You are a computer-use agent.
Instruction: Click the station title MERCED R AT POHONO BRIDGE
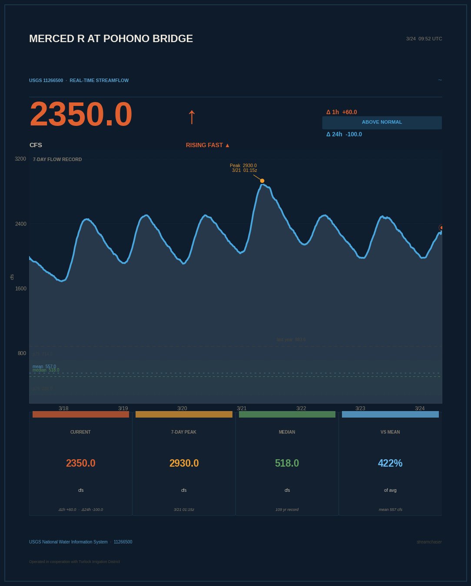pyautogui.click(x=111, y=39)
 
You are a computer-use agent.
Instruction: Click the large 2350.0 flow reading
pyautogui.click(x=81, y=114)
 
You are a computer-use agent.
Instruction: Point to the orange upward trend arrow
pyautogui.click(x=192, y=116)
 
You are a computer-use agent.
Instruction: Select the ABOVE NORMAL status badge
pyautogui.click(x=382, y=122)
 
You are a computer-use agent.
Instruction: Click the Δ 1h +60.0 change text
pyautogui.click(x=342, y=112)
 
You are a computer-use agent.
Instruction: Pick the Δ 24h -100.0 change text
pyautogui.click(x=344, y=134)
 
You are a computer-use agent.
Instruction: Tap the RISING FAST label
pyautogui.click(x=208, y=145)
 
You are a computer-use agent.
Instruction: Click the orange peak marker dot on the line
pyautogui.click(x=262, y=181)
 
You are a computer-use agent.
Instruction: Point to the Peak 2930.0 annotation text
pyautogui.click(x=243, y=166)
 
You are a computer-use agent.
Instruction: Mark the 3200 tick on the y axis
pyautogui.click(x=20, y=159)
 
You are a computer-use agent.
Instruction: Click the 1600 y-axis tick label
pyautogui.click(x=20, y=289)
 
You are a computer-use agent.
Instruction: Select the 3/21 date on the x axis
pyautogui.click(x=242, y=408)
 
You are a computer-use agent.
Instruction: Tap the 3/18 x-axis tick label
pyautogui.click(x=63, y=408)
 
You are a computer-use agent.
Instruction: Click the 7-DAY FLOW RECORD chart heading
pyautogui.click(x=57, y=159)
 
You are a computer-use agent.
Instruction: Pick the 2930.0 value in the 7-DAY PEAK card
pyautogui.click(x=184, y=463)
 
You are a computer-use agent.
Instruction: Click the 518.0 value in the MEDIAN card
pyautogui.click(x=287, y=463)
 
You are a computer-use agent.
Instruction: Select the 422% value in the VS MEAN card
pyautogui.click(x=390, y=463)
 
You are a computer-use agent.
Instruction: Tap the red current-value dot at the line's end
pyautogui.click(x=441, y=227)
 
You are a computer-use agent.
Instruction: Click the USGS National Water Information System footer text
pyautogui.click(x=68, y=542)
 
